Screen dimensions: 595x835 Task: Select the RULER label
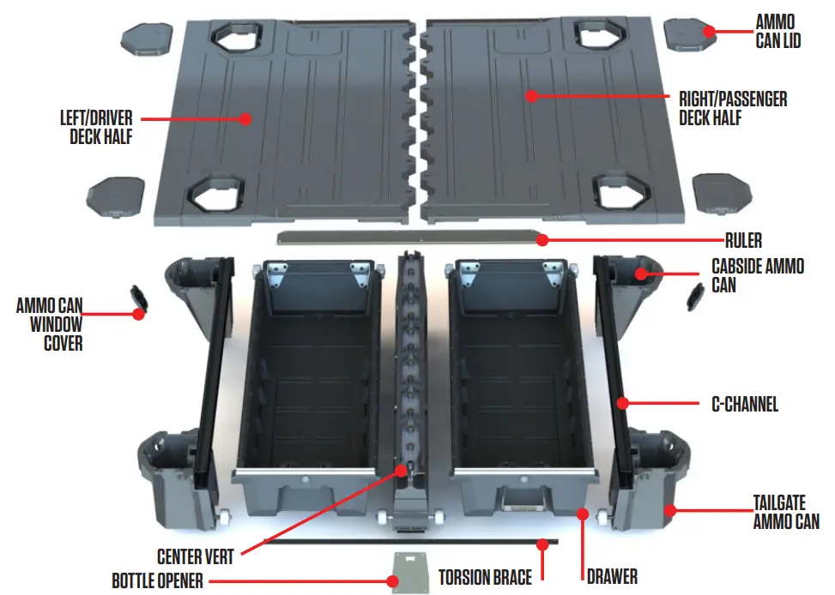point(744,241)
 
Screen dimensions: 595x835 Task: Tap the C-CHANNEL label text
point(745,404)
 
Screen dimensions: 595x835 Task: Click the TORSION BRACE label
point(485,576)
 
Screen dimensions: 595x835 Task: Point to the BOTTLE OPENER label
point(158,580)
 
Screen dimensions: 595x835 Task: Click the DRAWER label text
point(612,575)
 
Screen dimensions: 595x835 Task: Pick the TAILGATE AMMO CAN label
point(785,511)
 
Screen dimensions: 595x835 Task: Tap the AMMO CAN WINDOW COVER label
point(51,324)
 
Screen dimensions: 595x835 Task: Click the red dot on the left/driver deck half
point(246,119)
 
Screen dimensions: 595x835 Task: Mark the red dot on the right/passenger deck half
point(531,96)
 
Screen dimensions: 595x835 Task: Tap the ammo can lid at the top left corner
point(147,38)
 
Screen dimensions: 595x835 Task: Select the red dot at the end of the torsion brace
point(542,543)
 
